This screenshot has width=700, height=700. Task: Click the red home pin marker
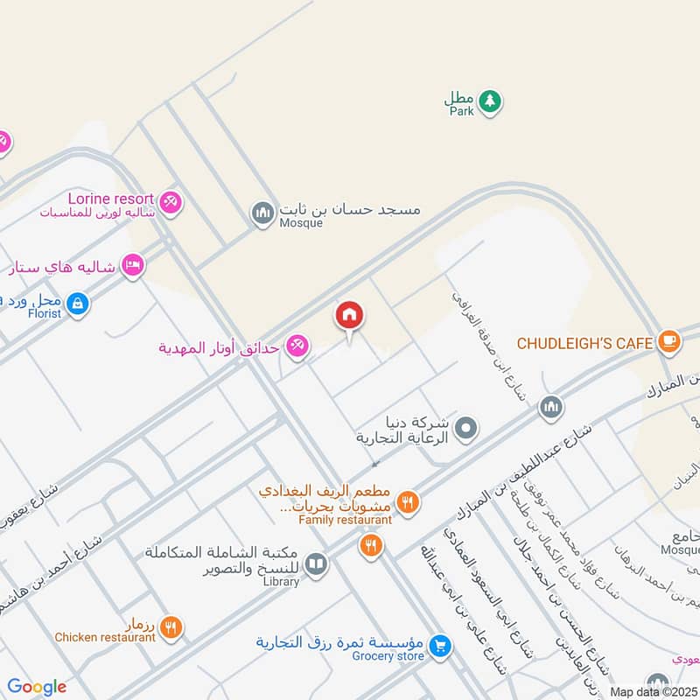[x=349, y=316]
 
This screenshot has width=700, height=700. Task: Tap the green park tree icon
[x=491, y=101]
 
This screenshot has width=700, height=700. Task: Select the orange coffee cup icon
[x=668, y=340]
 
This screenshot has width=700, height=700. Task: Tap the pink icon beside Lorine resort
[x=171, y=201]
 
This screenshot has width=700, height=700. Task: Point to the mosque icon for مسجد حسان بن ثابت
[x=262, y=213]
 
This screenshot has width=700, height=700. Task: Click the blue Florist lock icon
[x=78, y=304]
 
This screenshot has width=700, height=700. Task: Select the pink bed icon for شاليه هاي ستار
[x=132, y=264]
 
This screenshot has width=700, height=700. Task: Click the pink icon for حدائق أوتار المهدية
[x=297, y=347]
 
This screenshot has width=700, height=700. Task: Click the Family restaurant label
[x=344, y=520]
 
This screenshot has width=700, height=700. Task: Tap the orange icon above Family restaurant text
[x=406, y=502]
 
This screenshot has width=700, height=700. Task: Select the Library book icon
[x=317, y=564]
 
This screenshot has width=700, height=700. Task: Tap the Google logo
[x=37, y=687]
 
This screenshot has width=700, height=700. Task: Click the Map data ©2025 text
[x=652, y=691]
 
